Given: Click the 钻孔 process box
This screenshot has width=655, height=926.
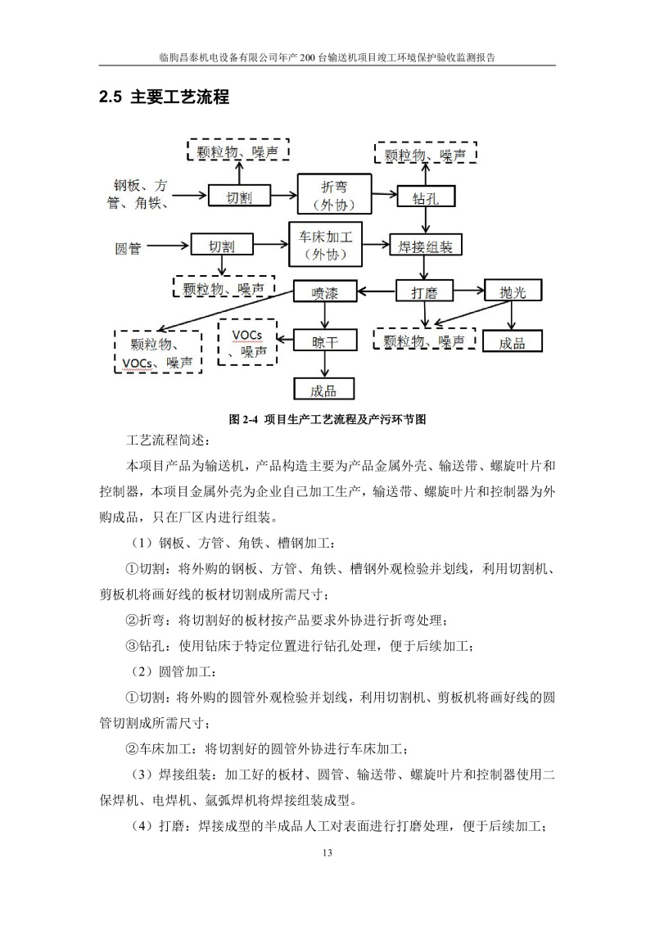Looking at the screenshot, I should (x=425, y=196).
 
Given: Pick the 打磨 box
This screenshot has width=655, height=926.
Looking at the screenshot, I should (x=423, y=291).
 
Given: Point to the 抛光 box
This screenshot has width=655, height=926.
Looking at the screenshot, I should (x=511, y=291).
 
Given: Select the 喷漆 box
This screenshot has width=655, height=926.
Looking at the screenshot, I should (x=325, y=291).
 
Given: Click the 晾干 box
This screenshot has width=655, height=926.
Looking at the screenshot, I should (x=325, y=342).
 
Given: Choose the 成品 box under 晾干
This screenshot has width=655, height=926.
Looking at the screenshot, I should (x=323, y=391).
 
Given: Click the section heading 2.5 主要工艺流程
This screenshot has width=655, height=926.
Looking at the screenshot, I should (x=163, y=97).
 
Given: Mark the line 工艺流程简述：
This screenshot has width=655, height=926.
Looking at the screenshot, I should (x=168, y=442).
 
